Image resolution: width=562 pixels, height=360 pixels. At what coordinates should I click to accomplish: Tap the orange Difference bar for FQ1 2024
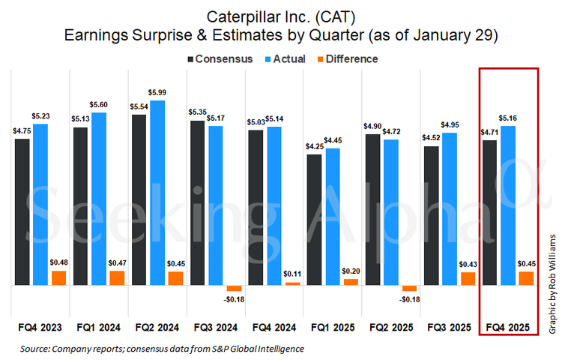coord(117,278)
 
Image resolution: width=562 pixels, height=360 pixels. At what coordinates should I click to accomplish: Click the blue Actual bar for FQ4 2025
coord(508,205)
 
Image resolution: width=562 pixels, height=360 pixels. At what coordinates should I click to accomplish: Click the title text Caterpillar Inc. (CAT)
coord(281,16)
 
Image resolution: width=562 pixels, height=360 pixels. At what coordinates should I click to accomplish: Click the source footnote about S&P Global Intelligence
coord(162,349)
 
